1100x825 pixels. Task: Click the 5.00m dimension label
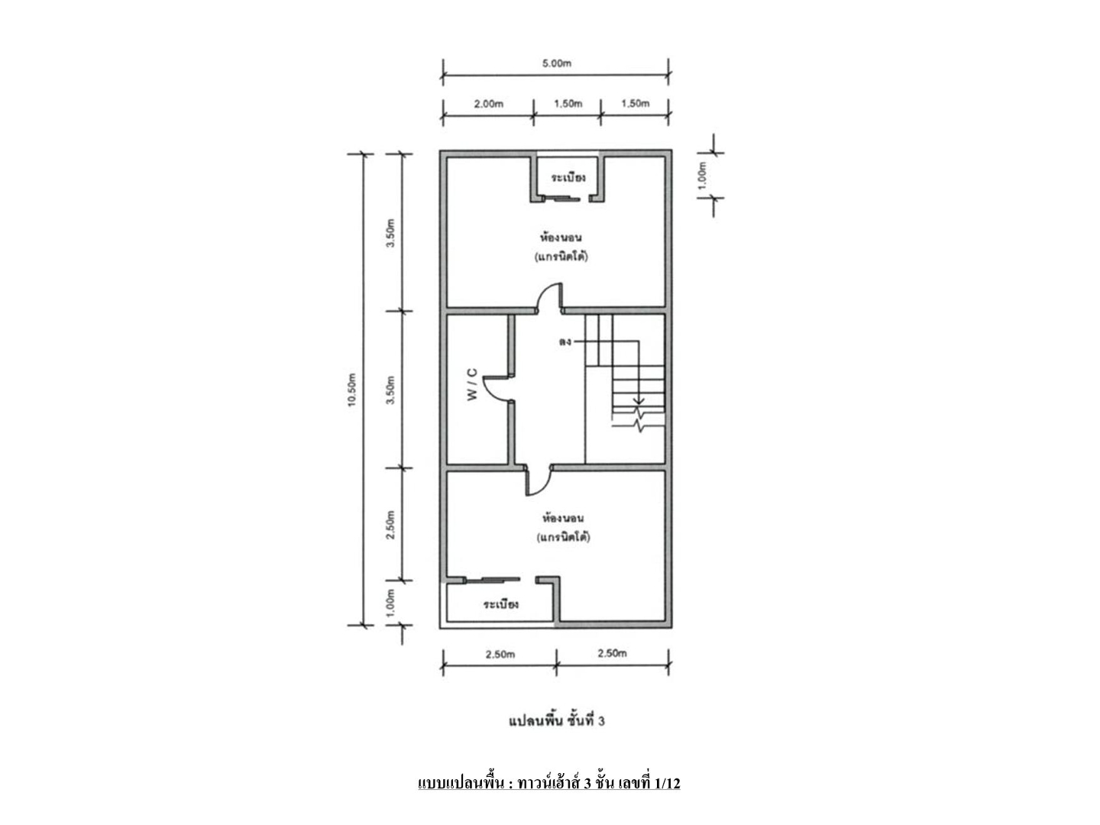point(556,63)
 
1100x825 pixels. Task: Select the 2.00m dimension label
point(488,104)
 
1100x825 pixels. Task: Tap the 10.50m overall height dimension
point(352,390)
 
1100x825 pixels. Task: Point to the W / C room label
point(472,384)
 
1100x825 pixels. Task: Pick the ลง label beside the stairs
point(565,342)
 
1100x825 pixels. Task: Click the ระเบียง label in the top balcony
point(568,177)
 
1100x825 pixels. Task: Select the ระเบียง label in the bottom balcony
point(500,603)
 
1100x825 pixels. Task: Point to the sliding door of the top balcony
point(562,199)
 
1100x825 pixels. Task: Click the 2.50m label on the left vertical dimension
point(391,525)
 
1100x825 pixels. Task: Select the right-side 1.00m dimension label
point(702,175)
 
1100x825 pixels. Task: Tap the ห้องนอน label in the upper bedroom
point(560,236)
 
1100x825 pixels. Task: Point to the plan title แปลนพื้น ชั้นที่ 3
point(556,720)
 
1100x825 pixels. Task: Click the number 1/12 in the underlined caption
point(667,782)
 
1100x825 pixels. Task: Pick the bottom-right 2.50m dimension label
point(612,654)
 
